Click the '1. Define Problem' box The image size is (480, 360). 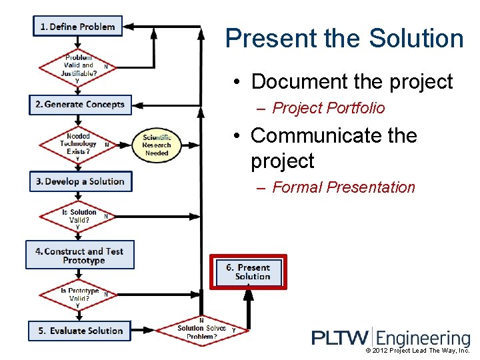77,27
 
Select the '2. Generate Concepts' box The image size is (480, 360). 80,105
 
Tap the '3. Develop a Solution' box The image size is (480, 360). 81,181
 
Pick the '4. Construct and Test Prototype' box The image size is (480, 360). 80,255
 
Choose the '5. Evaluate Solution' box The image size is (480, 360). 80,331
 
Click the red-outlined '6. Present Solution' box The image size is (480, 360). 249,272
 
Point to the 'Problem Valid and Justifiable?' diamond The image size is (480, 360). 79,66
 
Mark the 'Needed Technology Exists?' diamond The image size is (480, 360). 79,144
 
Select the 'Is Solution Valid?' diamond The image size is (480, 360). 79,216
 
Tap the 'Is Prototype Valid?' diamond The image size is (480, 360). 79,295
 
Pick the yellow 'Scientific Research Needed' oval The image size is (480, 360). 157,145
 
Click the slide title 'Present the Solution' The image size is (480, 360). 344,39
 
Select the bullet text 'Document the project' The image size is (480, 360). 351,82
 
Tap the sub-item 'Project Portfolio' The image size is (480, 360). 329,108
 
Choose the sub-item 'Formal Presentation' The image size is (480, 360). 343,187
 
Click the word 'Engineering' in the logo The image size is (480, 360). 425,338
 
